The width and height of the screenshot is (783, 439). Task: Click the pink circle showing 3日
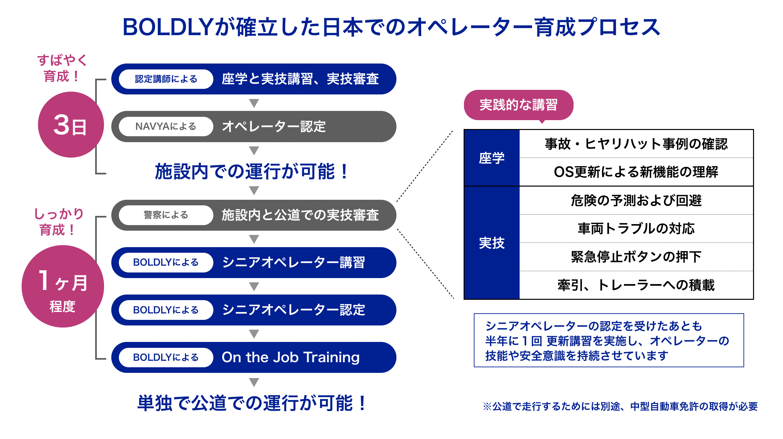tap(70, 125)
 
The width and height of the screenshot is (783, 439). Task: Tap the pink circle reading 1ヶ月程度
tap(63, 286)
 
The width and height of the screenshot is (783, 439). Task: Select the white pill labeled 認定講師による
tap(166, 79)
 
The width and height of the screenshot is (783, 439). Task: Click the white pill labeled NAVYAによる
tap(166, 126)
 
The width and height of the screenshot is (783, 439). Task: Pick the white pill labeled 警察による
tap(166, 215)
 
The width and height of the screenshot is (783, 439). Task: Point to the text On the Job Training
tap(290, 357)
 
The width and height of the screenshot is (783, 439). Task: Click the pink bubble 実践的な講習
tap(518, 105)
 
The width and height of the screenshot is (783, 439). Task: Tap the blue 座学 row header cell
tap(492, 158)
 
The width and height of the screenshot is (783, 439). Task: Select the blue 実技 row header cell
tap(492, 243)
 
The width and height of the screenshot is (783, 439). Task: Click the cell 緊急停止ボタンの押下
tap(636, 257)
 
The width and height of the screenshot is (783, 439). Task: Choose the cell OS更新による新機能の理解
tap(636, 172)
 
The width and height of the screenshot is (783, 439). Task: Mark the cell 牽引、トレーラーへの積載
tap(636, 285)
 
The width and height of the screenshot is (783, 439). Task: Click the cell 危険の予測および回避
tap(636, 200)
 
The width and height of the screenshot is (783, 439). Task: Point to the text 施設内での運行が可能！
tap(252, 171)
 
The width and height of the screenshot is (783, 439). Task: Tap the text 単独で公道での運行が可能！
tap(252, 403)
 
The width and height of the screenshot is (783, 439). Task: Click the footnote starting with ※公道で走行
tap(620, 406)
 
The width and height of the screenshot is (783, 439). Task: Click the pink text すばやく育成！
tap(62, 68)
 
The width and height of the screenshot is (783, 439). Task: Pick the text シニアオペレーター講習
tap(293, 263)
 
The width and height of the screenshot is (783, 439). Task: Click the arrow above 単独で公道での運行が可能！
tap(254, 382)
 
